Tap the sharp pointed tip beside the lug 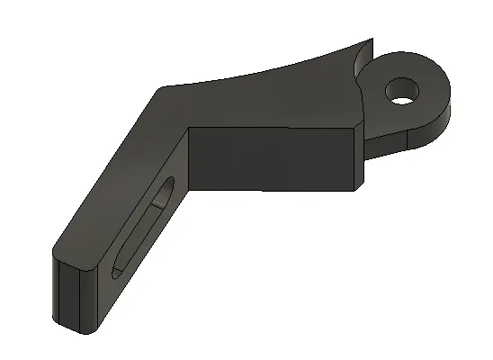coord(368,40)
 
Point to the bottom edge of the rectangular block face coord(270,191)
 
